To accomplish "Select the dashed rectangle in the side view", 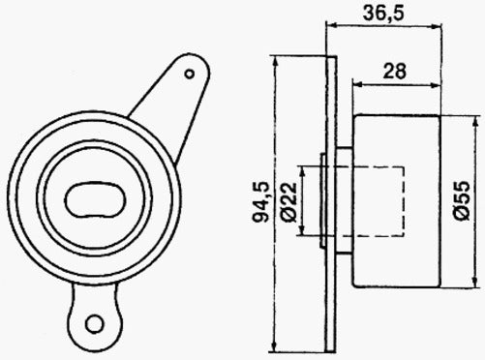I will [373, 201].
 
